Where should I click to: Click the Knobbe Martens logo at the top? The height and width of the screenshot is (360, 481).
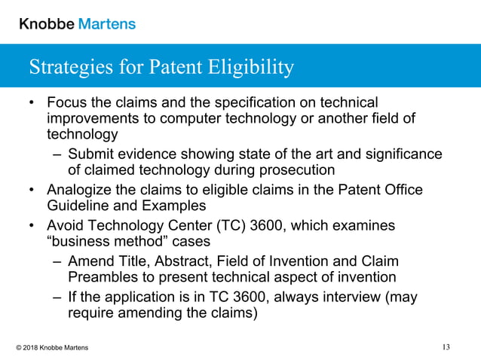click(77, 23)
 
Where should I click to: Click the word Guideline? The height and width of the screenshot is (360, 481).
click(79, 206)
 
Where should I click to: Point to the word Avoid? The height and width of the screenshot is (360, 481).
click(65, 226)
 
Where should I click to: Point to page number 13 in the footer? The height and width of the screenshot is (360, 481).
click(446, 347)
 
